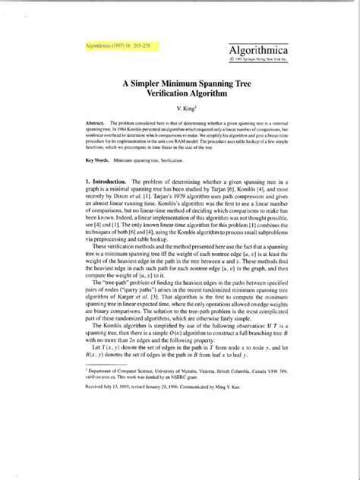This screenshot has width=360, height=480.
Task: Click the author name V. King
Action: tap(179, 114)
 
